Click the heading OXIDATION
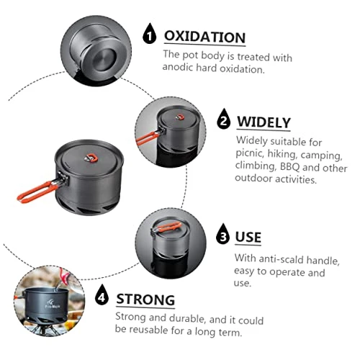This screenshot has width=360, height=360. pyautogui.click(x=204, y=37)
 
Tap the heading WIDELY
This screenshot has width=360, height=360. pyautogui.click(x=264, y=122)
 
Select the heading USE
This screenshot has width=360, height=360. pyautogui.click(x=248, y=237)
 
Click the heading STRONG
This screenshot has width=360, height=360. pyautogui.click(x=145, y=300)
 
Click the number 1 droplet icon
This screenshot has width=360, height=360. pyautogui.click(x=149, y=34)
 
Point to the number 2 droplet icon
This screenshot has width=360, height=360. pyautogui.click(x=223, y=119)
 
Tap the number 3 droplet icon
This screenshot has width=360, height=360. pyautogui.click(x=223, y=234)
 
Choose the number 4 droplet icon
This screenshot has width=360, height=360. pyautogui.click(x=102, y=295)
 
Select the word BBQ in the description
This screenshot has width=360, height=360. pyautogui.click(x=290, y=167)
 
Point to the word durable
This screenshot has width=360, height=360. pyautogui.click(x=186, y=318)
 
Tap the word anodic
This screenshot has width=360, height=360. pyautogui.click(x=177, y=67)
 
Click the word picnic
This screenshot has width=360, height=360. pyautogui.click(x=250, y=153)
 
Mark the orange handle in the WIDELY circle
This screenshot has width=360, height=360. pyautogui.click(x=148, y=138)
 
